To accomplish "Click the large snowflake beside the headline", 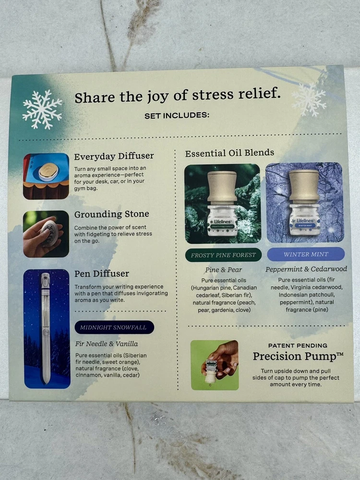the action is pyautogui.click(x=42, y=109).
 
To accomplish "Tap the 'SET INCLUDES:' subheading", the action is pyautogui.click(x=177, y=115).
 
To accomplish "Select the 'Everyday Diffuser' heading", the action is pyautogui.click(x=114, y=156).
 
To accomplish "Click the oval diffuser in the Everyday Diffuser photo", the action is pyautogui.click(x=48, y=172).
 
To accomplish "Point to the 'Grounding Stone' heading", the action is pyautogui.click(x=112, y=214).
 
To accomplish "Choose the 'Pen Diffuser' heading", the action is pyautogui.click(x=102, y=274).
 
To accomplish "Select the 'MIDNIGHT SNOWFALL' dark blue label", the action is pyautogui.click(x=114, y=327).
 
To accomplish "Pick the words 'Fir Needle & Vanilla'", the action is pyautogui.click(x=107, y=344).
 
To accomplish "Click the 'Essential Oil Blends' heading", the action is pyautogui.click(x=229, y=153).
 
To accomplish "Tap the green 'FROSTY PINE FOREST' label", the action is pyautogui.click(x=223, y=255).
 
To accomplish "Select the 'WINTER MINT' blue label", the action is pyautogui.click(x=306, y=254).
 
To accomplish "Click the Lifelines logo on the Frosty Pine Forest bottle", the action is pyautogui.click(x=223, y=221).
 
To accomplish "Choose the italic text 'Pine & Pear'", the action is pyautogui.click(x=224, y=270).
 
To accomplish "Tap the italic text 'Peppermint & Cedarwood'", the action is pyautogui.click(x=306, y=269).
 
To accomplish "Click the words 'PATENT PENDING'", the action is pyautogui.click(x=298, y=346).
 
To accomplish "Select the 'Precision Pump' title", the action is pyautogui.click(x=298, y=356).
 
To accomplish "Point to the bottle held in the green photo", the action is pyautogui.click(x=211, y=372).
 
